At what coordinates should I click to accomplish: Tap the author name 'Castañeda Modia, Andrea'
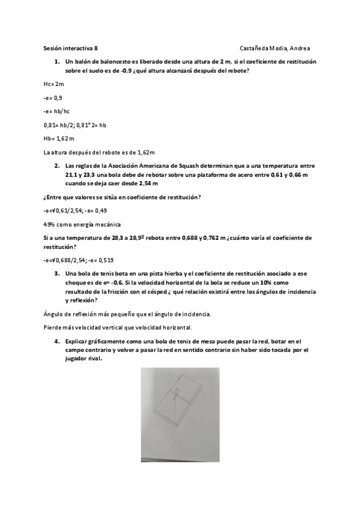point(275,49)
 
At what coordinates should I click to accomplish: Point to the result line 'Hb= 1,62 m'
point(59,138)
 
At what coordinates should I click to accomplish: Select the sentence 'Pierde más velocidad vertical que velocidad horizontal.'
point(118,327)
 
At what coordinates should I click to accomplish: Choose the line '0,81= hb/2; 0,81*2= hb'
point(75,124)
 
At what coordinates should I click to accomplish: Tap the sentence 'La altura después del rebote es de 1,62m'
point(100,152)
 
